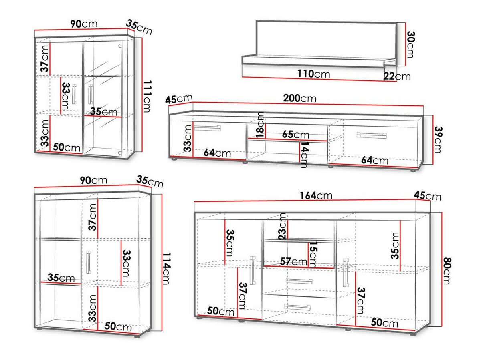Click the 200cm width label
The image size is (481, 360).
coord(299,98)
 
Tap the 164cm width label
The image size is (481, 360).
coord(316,195)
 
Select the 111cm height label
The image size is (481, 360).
coord(147,96)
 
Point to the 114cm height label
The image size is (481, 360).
coord(166,269)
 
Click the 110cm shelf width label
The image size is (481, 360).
coord(313,74)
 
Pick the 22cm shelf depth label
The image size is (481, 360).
coord(397,76)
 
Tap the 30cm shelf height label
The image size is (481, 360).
coord(410,44)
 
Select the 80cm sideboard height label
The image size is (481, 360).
coord(447,271)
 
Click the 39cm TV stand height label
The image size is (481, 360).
coord(438,140)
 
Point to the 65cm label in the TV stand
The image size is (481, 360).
coord(295,135)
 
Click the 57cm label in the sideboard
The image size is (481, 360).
coord(294,261)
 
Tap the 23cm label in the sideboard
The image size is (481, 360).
coord(282,226)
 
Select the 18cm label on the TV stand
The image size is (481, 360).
coord(260,125)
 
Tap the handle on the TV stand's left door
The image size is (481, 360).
coord(207,128)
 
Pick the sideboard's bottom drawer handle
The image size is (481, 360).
coord(297,307)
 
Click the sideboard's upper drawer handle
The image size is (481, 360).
coord(299,281)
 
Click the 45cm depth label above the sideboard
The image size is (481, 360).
coord(427,196)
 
